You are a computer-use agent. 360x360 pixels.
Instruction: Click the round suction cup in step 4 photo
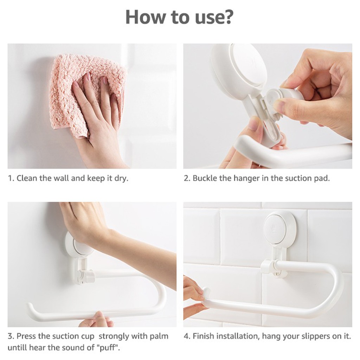279,229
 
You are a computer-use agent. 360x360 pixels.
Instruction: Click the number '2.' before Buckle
186,178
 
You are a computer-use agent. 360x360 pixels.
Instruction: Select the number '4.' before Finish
187,336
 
